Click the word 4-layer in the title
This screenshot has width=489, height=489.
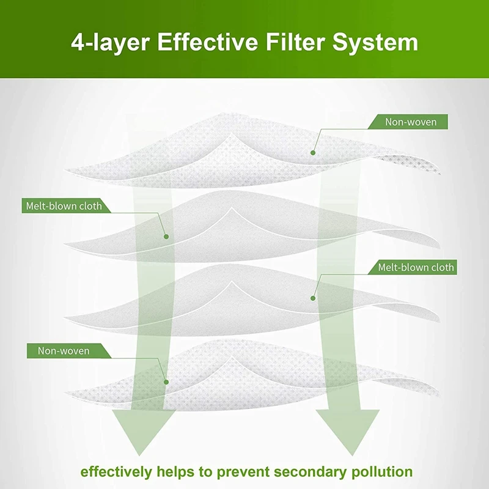coord(108,42)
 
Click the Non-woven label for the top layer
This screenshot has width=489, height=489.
coord(410,122)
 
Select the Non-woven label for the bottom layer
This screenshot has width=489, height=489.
coord(64,351)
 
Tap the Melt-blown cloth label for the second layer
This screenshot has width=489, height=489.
coord(64,205)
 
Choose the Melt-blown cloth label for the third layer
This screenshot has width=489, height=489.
coord(416,267)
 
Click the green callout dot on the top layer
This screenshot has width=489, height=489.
coord(312,152)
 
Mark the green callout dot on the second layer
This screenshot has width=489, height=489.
coord(166,236)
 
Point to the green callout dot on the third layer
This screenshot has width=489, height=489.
coord(312,298)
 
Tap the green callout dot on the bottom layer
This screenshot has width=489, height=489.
coord(166,381)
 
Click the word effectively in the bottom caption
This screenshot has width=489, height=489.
coord(116,471)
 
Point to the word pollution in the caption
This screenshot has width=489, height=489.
coord(382,471)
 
